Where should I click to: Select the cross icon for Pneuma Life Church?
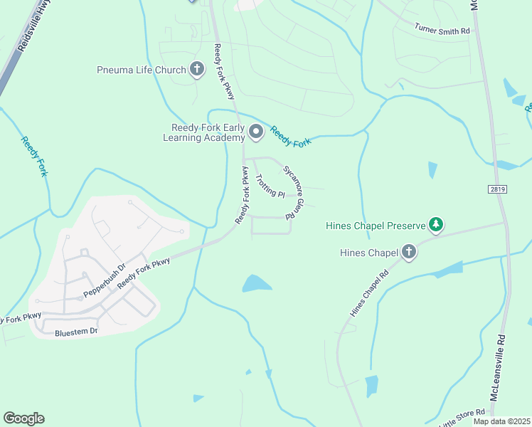point(197,70)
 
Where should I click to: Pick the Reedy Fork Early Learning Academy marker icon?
point(256,132)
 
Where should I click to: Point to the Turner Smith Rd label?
point(442,29)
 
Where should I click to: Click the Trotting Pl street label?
point(270,186)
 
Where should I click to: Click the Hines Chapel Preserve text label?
point(374,226)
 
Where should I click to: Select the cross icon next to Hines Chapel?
point(409,251)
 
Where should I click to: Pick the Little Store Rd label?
point(462,418)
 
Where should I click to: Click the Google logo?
point(23,418)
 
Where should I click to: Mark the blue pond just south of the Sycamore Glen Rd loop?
point(257,283)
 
